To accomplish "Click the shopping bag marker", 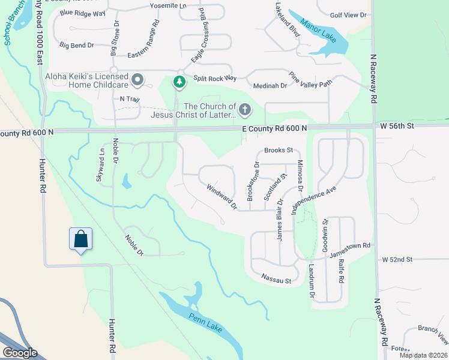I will pos(80,239).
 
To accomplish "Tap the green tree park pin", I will pos(178,82).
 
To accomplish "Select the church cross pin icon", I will pos(244,109).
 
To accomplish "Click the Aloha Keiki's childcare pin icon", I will pos(138,80).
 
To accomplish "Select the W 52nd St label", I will pos(397,259).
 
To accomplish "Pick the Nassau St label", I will pos(276,280).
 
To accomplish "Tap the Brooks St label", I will pos(278,150).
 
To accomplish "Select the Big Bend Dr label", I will pos(77,45).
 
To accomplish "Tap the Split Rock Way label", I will pos(215,79).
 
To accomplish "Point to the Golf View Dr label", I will pos(349,14).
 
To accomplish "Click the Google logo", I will pos(19,353).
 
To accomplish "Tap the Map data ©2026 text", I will pos(423,355).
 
